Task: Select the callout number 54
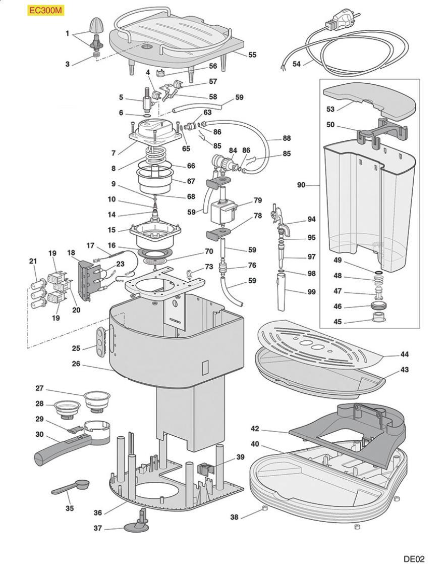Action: pyautogui.click(x=297, y=64)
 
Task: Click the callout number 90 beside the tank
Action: pyautogui.click(x=301, y=186)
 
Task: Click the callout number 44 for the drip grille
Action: pyautogui.click(x=404, y=354)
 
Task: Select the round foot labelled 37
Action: pyautogui.click(x=136, y=526)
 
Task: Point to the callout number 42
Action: pyautogui.click(x=255, y=429)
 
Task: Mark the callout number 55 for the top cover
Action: pyautogui.click(x=252, y=55)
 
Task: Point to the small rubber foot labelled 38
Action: pyautogui.click(x=264, y=508)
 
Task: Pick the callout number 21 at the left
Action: pyautogui.click(x=33, y=261)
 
